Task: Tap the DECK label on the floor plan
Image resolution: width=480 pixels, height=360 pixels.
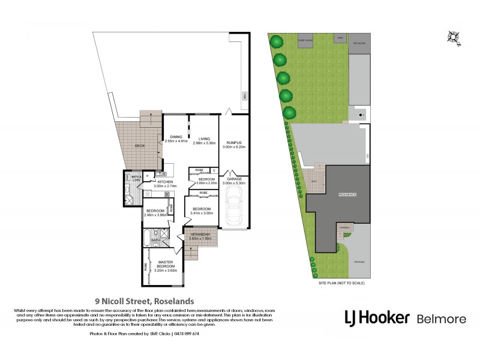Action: [x=140, y=146]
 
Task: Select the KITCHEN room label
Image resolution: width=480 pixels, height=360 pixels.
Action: [x=165, y=182]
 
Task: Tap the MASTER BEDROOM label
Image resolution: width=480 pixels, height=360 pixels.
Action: [x=166, y=265]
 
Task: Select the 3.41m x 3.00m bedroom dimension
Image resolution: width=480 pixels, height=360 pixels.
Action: [x=202, y=213]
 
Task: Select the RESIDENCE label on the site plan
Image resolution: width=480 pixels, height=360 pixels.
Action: [x=347, y=194]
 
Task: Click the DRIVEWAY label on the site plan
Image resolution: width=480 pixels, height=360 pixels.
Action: [x=358, y=262]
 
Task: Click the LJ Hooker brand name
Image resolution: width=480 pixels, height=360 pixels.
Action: [x=377, y=318]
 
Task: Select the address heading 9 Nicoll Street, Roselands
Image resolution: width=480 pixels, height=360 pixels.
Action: [x=144, y=302]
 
